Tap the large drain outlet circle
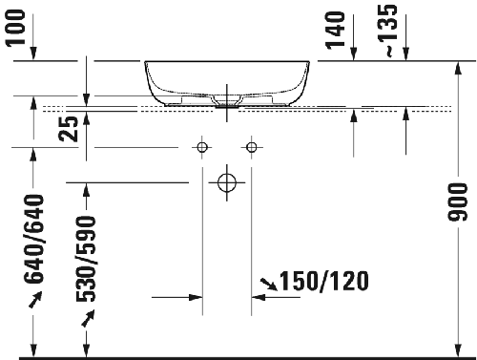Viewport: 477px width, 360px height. pos(226,181)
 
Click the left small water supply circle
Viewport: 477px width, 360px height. pos(201,147)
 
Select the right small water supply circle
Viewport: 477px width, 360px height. pos(252,147)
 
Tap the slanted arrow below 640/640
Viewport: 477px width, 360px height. pos(35,299)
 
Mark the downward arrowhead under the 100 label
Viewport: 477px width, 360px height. pos(33,53)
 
